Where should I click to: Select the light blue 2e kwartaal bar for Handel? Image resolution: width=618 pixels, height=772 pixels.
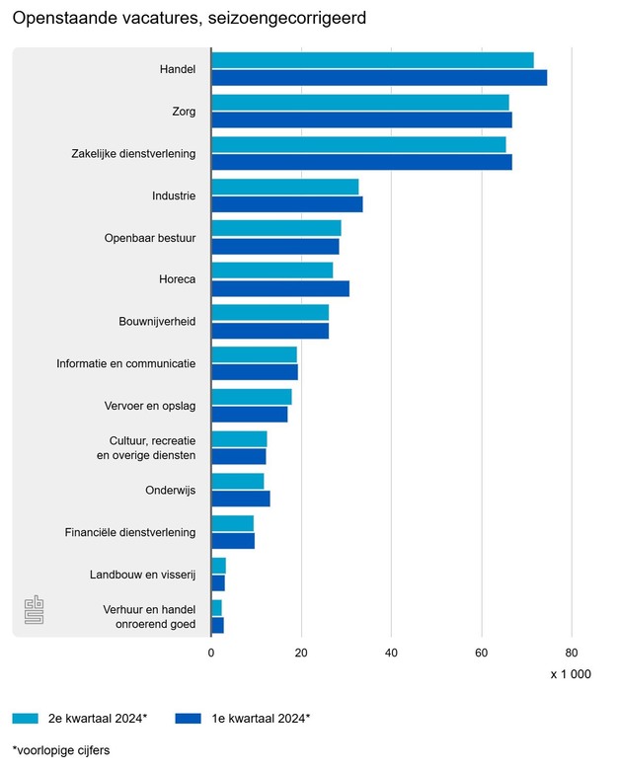pyautogui.click(x=372, y=60)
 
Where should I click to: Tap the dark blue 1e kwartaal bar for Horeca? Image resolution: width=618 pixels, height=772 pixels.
pyautogui.click(x=280, y=288)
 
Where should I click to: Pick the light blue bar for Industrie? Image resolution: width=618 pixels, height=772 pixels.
pyautogui.click(x=284, y=187)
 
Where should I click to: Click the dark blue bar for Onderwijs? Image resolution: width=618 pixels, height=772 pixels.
pyautogui.click(x=240, y=499)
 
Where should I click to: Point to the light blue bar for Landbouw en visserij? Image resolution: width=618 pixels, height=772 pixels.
pyautogui.click(x=218, y=566)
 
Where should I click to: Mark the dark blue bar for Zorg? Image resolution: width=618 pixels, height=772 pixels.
pyautogui.click(x=361, y=119)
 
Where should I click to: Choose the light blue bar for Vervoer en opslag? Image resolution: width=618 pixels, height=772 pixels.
pyautogui.click(x=251, y=397)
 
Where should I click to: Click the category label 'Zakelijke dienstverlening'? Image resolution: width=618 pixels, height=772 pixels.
pyautogui.click(x=133, y=154)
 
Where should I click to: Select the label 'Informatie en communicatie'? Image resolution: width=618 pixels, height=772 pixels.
pyautogui.click(x=125, y=363)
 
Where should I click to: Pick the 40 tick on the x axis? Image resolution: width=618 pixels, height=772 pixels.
pyautogui.click(x=391, y=653)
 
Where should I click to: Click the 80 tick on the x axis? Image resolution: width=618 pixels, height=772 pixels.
pyautogui.click(x=571, y=653)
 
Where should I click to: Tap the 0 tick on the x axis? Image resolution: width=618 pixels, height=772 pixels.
pyautogui.click(x=211, y=653)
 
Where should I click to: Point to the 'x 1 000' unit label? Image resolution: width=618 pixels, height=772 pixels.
pyautogui.click(x=571, y=674)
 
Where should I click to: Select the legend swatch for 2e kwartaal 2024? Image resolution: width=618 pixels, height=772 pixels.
pyautogui.click(x=26, y=719)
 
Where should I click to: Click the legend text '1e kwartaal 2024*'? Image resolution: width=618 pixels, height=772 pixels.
pyautogui.click(x=261, y=719)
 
